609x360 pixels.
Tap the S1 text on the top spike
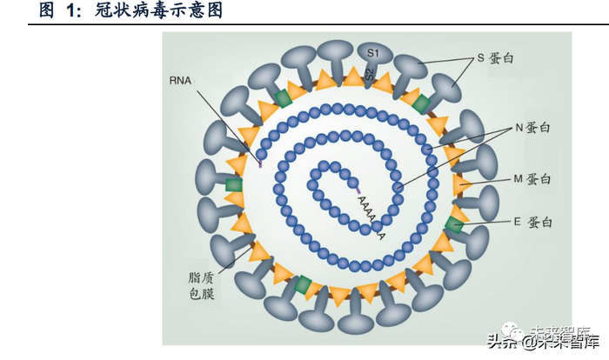click(x=371, y=53)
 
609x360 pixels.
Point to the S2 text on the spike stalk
click(x=370, y=74)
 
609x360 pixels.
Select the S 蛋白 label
click(x=495, y=57)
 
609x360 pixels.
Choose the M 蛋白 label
click(x=532, y=178)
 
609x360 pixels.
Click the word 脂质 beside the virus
click(x=198, y=279)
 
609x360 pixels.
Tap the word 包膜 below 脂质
click(x=198, y=296)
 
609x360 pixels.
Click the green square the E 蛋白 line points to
click(x=454, y=225)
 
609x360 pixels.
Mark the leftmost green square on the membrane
click(x=232, y=185)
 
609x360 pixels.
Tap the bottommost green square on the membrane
click(x=303, y=284)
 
